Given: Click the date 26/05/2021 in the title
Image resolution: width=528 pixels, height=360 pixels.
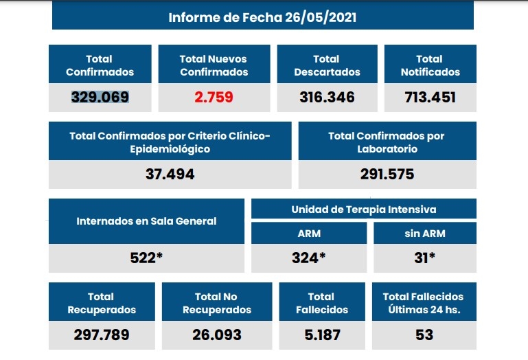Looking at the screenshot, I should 321,17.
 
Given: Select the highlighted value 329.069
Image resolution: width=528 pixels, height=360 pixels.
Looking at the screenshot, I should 100,97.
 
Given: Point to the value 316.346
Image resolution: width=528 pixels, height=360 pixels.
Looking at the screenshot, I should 327,97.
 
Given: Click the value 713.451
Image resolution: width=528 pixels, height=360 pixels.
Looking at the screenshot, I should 430,97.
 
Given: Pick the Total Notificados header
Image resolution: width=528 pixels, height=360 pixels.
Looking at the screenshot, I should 430,65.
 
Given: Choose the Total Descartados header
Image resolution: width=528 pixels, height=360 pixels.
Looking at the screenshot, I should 327,65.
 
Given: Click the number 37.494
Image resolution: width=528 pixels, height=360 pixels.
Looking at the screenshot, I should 170,174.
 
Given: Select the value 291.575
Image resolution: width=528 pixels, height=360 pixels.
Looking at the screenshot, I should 387,174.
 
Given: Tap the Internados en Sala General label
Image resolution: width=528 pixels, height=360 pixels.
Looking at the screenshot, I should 146,221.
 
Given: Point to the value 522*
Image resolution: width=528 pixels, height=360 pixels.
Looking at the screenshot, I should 146,258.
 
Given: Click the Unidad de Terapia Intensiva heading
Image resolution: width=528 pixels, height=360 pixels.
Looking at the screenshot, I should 364,209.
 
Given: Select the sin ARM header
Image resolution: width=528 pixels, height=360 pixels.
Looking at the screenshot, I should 424,233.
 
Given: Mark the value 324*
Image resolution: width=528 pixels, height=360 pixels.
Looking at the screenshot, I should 308,258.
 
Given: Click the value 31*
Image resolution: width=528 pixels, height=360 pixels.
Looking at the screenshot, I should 424,258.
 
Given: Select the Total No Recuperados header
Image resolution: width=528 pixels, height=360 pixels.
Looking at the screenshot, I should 216,303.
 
